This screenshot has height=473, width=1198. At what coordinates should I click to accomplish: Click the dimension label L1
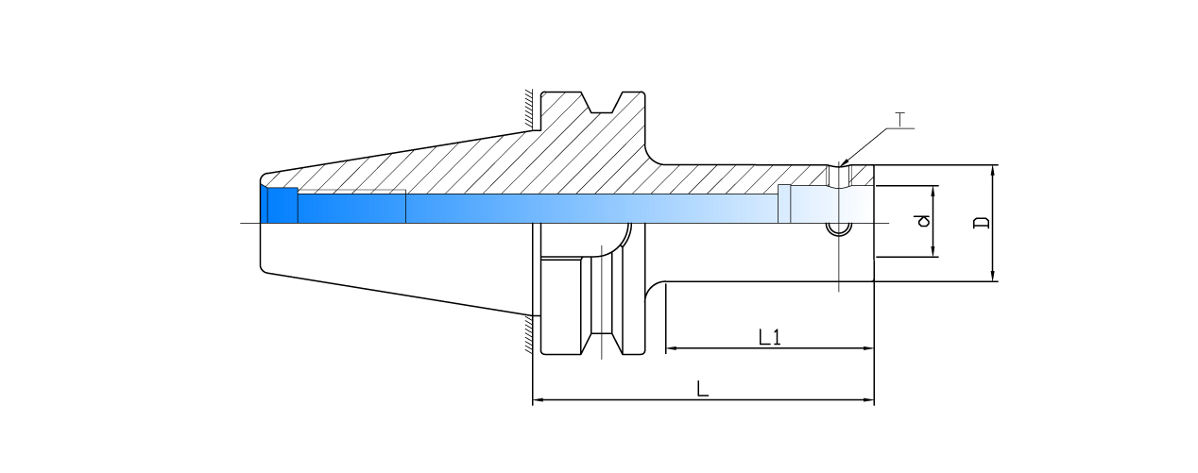coord(770,336)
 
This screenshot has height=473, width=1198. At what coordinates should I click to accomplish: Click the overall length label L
coord(702,388)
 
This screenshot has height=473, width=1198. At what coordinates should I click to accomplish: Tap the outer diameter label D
coord(982,223)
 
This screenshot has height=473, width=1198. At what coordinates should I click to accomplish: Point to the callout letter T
coord(899,120)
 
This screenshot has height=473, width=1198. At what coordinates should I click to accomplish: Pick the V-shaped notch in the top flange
coord(600,101)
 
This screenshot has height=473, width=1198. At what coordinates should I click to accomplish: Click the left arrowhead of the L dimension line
coord(539,401)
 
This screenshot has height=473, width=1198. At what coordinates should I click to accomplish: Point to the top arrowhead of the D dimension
coord(993,170)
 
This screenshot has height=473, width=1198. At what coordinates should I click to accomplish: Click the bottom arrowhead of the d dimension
coord(934,252)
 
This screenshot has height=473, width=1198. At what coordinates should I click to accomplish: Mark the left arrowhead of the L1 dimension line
coord(672,348)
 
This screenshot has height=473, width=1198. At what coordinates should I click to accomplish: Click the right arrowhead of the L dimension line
coord(868,401)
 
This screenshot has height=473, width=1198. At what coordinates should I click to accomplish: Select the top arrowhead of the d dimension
coord(934,191)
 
